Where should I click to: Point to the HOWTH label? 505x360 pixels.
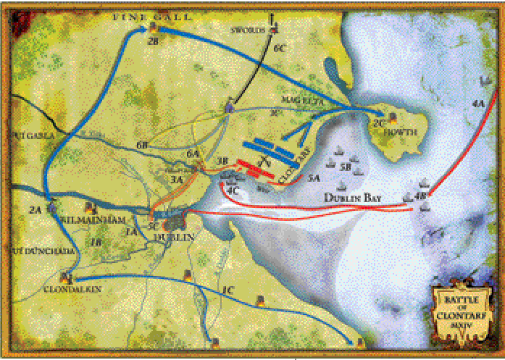point(395,133)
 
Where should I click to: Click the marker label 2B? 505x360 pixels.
point(152,42)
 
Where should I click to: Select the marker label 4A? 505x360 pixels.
point(477,104)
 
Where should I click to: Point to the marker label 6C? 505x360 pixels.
point(280,47)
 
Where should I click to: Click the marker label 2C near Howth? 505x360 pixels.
point(377,123)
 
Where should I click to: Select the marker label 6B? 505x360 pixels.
point(142,146)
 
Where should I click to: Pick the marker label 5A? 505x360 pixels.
point(313,177)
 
